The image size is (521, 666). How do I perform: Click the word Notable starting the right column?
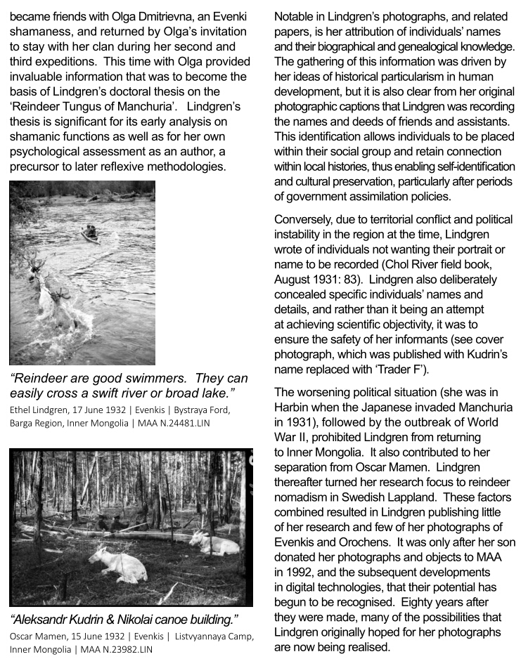(295, 17)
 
